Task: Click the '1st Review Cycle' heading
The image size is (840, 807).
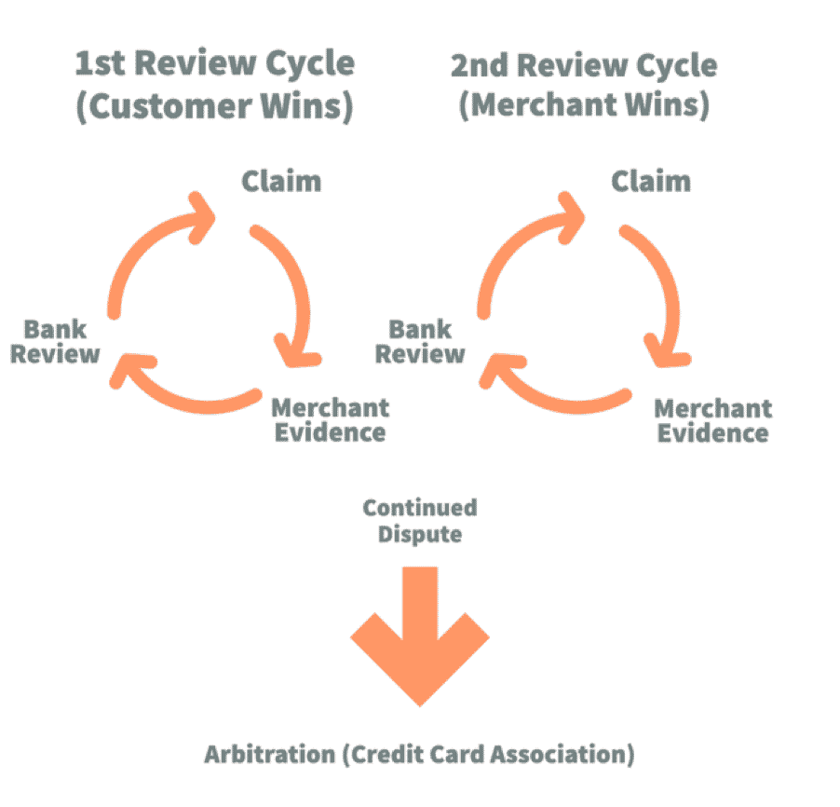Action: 214,63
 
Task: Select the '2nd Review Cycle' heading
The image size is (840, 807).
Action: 584,66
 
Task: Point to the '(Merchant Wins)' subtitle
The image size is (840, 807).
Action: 585,104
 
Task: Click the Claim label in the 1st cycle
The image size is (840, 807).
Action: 281,181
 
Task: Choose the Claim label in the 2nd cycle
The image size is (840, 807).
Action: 651,181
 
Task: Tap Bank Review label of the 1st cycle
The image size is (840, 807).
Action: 55,342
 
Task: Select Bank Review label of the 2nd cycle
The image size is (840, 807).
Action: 420,342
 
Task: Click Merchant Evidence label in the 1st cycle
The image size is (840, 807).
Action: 331,420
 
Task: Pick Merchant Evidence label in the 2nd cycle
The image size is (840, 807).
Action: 713,421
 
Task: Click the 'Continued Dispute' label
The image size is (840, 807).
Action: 420,521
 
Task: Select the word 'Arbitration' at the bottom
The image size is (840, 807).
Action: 270,755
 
